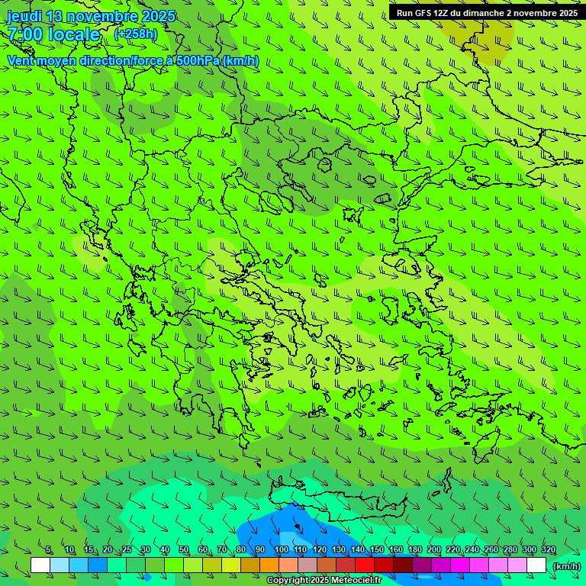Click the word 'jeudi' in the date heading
click(24, 17)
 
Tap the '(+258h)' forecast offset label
click(136, 34)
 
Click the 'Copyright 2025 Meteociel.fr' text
click(324, 581)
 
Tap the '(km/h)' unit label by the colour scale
click(565, 566)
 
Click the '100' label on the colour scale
click(282, 550)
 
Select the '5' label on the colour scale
click(49, 550)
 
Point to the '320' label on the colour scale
click(548, 550)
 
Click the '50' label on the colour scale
click(184, 550)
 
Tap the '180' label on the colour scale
click(414, 550)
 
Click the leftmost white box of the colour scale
click(40, 565)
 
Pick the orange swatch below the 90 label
click(269, 565)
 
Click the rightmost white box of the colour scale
click(536, 565)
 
